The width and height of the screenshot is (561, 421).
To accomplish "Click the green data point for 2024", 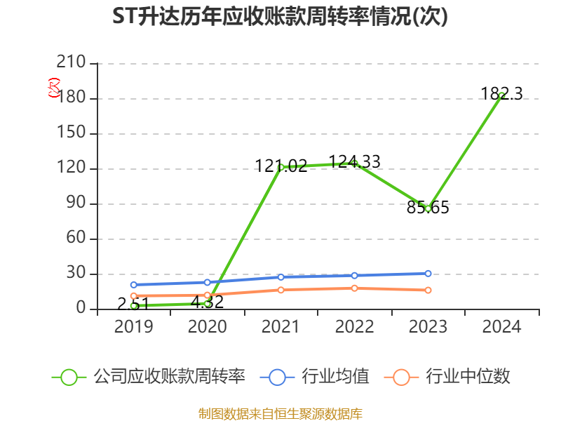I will [501, 95].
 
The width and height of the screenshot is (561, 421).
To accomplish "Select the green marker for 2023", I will [428, 208].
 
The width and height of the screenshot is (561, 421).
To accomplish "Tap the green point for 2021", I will [280, 167].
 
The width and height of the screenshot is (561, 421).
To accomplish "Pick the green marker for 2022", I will [354, 163].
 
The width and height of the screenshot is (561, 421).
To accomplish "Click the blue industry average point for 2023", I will [428, 274].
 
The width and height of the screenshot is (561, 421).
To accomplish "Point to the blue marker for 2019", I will [133, 285].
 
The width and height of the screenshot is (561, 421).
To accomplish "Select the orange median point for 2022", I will [354, 288].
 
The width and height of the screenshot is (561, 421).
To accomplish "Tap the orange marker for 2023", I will [428, 290].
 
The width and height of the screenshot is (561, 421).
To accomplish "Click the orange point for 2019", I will [133, 296].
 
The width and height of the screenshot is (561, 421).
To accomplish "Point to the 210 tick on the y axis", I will [71, 63].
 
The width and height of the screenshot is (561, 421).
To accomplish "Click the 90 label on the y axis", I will [76, 203].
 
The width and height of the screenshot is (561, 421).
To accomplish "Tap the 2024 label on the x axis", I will [501, 327].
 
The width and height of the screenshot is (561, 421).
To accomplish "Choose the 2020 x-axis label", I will [207, 327].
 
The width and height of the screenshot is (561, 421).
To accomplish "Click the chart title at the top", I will [280, 17].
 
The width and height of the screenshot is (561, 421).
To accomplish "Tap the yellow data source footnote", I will [280, 413].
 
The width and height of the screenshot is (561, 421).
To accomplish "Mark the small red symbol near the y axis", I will [54, 88].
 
